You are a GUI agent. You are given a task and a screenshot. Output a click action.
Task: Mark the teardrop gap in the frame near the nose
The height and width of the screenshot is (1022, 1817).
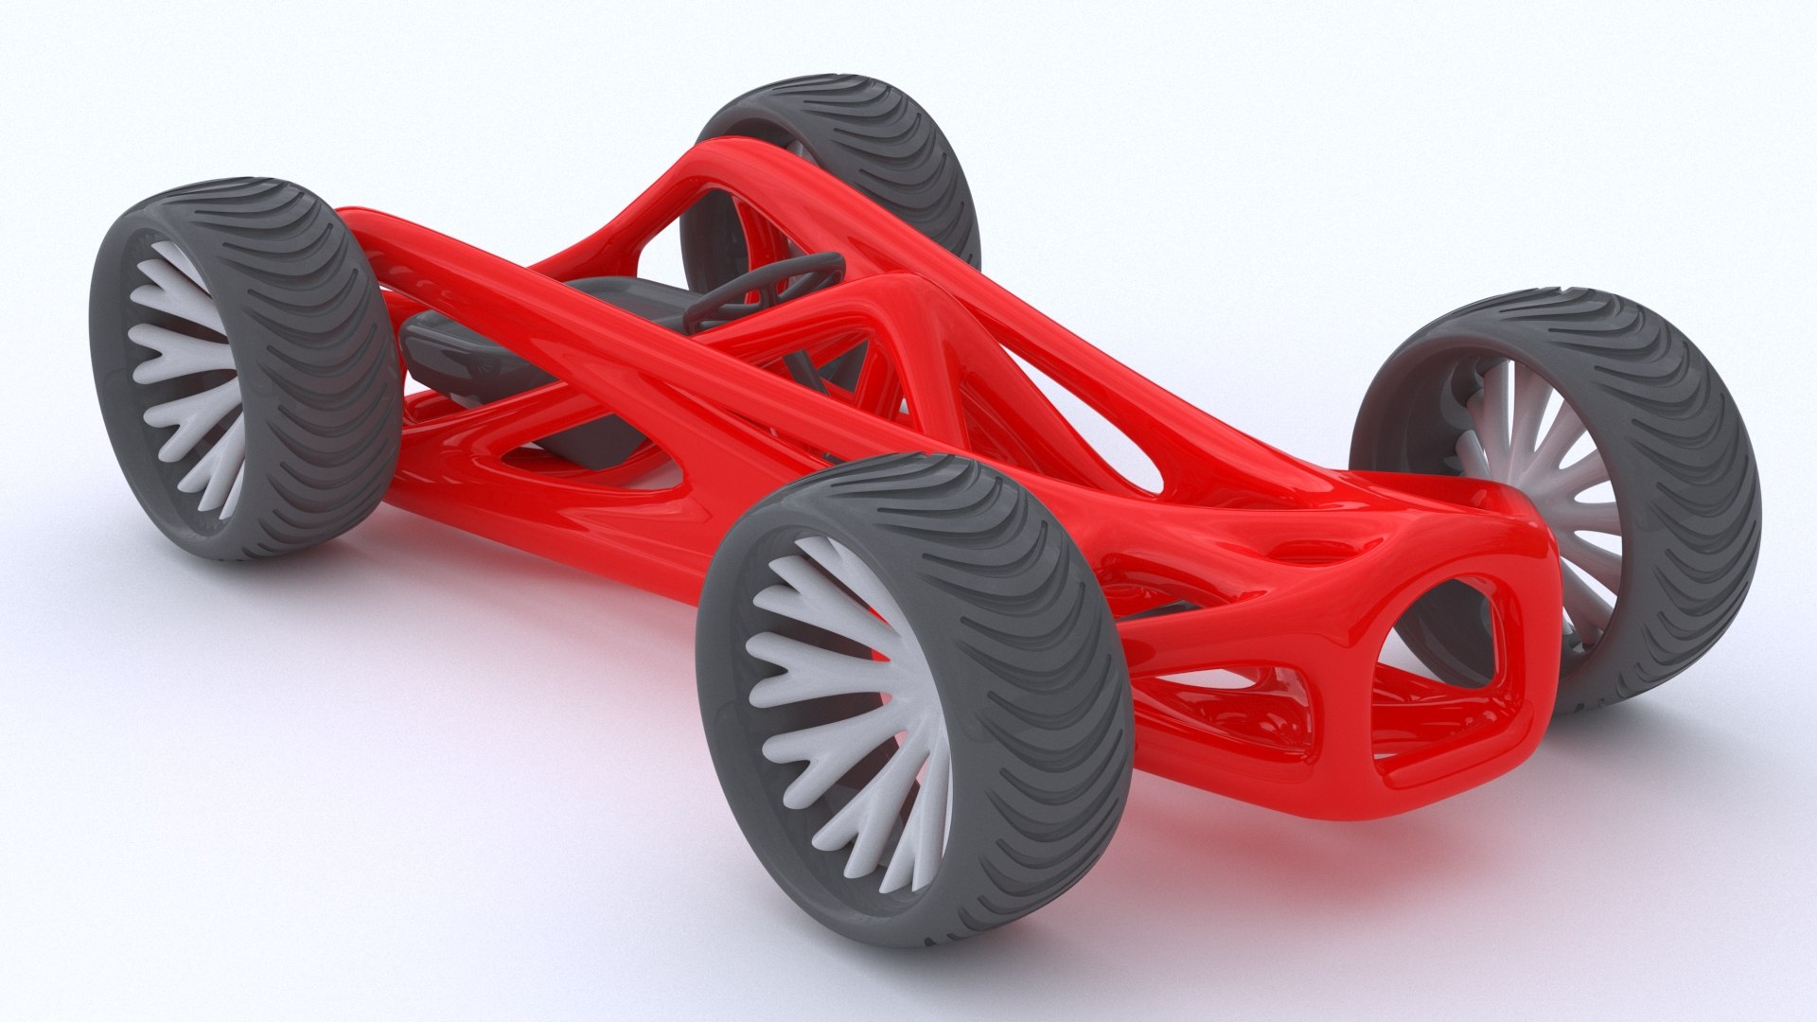[x=1107, y=445]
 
